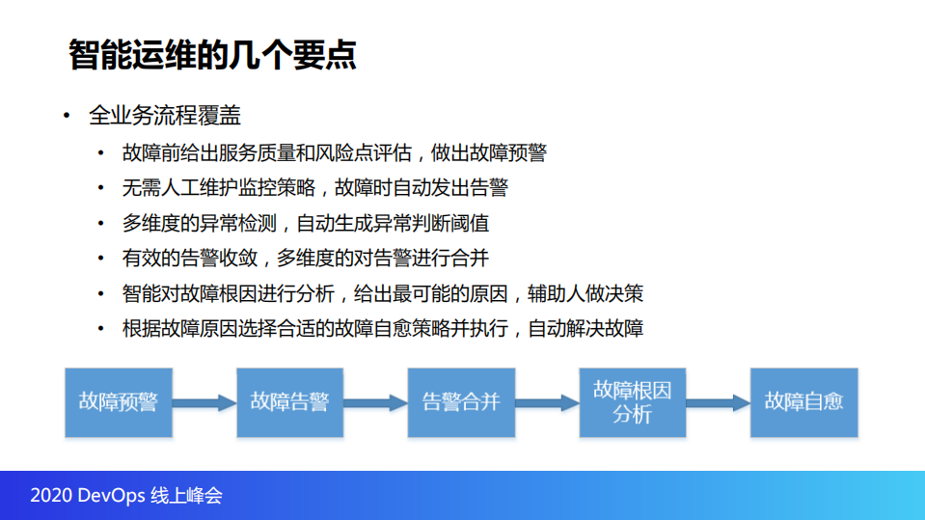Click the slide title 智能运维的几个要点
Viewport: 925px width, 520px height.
(212, 55)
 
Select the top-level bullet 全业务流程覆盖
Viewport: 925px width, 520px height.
(164, 117)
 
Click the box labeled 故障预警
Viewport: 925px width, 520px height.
(119, 401)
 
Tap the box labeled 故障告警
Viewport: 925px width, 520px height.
(289, 401)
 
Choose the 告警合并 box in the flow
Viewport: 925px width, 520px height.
(461, 401)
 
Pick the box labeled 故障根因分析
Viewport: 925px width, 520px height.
(632, 401)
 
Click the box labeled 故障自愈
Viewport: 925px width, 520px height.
(803, 401)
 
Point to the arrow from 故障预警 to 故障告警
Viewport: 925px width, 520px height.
(204, 402)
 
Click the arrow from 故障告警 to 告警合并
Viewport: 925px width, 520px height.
(375, 402)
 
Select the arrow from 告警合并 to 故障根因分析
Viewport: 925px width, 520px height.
(547, 402)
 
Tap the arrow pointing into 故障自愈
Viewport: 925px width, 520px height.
(718, 402)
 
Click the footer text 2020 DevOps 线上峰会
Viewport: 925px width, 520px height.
(126, 496)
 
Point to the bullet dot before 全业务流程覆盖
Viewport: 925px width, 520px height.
(67, 117)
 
